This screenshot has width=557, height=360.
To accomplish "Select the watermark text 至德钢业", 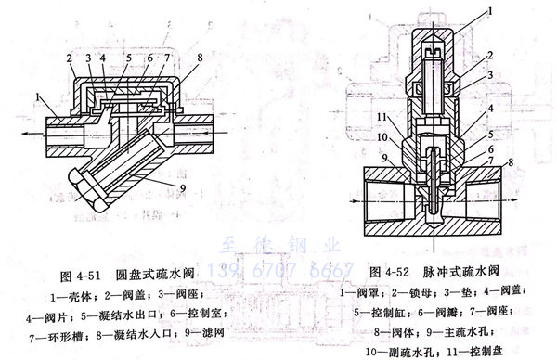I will point(279,246).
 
